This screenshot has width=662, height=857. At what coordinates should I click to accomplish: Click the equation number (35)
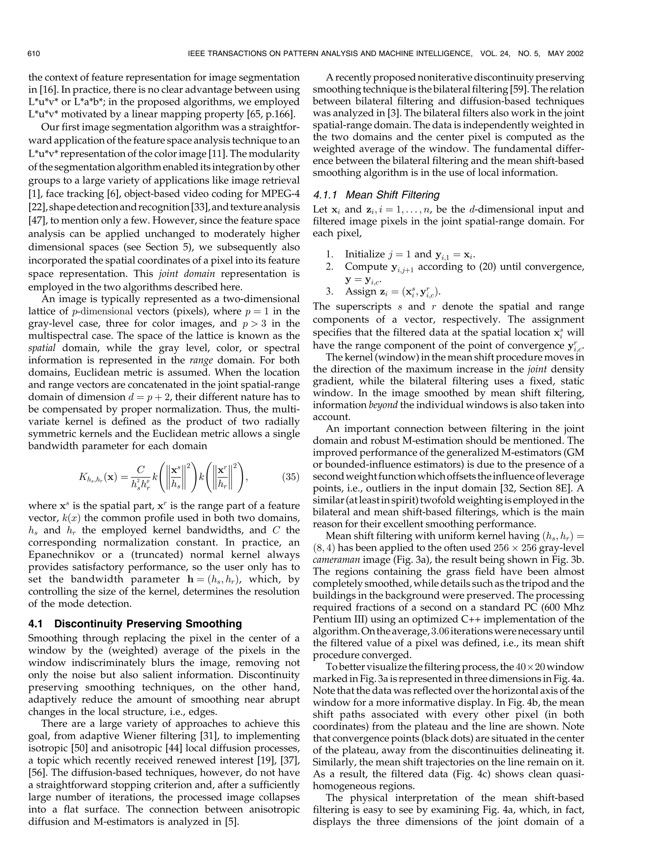point(291,477)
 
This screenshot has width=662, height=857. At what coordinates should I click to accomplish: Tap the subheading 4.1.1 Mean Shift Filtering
point(376,195)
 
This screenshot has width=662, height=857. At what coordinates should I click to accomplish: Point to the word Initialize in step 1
point(365,254)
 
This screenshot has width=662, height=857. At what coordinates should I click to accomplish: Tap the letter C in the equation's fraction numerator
point(141,469)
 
